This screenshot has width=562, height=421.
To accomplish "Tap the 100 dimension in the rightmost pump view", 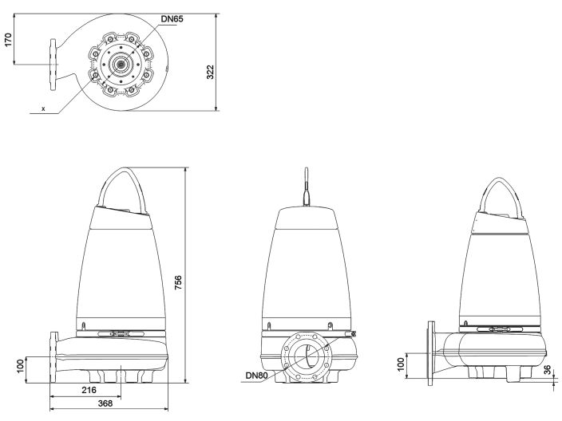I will point(402,365).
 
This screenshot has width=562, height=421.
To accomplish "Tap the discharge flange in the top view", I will point(53,64).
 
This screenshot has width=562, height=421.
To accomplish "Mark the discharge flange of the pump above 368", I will point(53,359).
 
